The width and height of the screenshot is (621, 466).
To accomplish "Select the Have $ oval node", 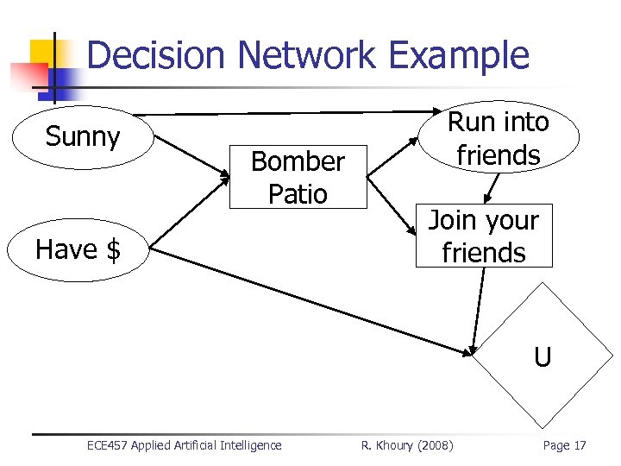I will [x=78, y=249].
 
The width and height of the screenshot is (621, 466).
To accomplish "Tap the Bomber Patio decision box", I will [x=298, y=178].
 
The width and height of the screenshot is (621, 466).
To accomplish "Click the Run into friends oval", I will [x=498, y=138].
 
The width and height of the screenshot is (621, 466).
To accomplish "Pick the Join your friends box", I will [x=483, y=236].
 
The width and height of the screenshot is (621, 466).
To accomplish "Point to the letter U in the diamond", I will [x=542, y=356].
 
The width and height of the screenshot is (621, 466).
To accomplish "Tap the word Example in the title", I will [x=458, y=55].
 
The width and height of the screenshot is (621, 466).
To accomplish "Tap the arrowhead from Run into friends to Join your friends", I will [x=487, y=197].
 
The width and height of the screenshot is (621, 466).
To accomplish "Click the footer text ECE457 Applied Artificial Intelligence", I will [x=184, y=445].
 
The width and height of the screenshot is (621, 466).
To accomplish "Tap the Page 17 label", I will [x=564, y=445].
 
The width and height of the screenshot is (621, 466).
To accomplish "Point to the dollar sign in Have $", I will [x=113, y=250].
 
